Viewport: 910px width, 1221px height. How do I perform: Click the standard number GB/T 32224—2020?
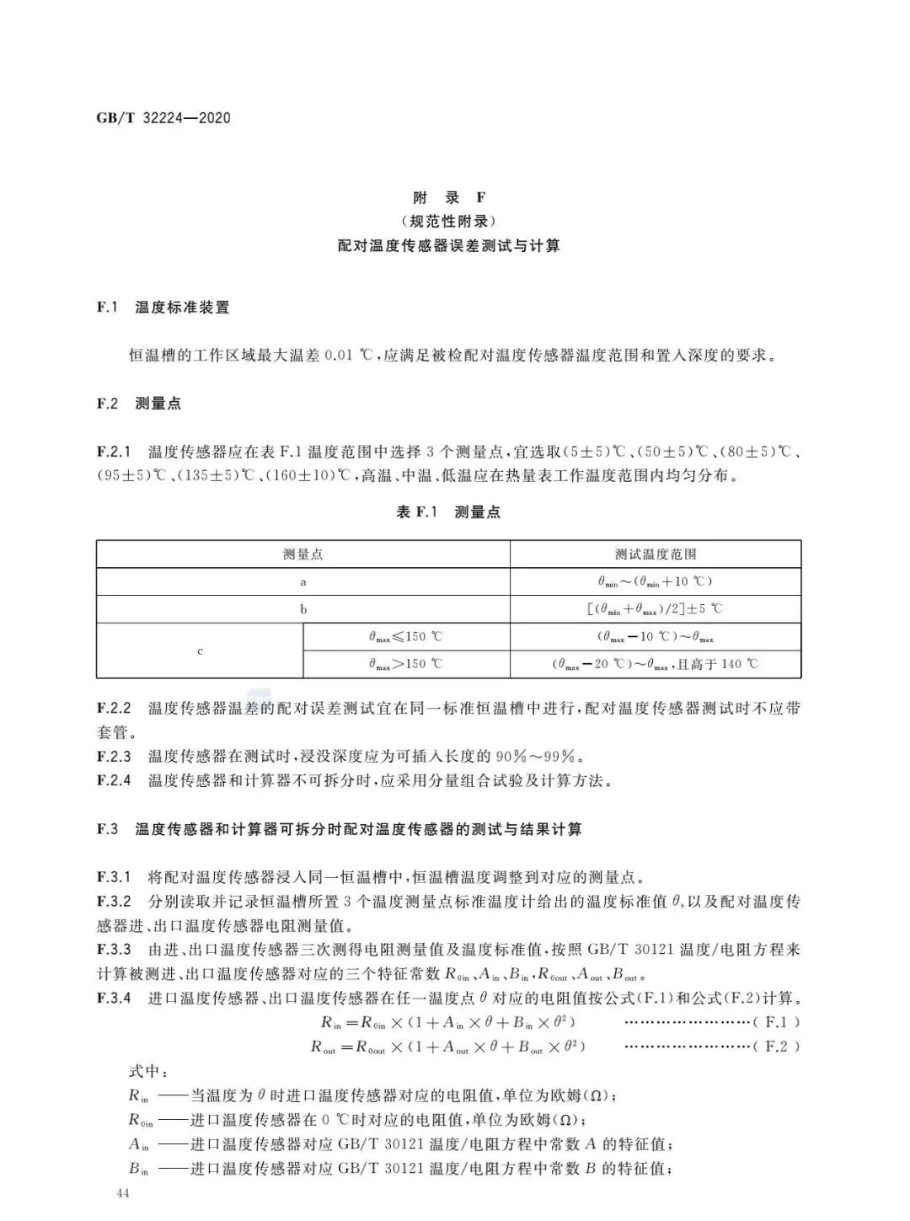click(163, 118)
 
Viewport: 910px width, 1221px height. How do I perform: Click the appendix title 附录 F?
click(448, 197)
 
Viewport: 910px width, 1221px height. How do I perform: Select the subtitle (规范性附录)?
click(448, 222)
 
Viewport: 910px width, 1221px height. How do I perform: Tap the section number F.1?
click(107, 308)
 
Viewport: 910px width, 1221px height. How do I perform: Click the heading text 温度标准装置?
click(182, 308)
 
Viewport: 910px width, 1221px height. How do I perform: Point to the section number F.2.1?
click(114, 453)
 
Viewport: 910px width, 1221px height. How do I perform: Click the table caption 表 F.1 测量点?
click(448, 512)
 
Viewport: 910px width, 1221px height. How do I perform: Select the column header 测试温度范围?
click(656, 554)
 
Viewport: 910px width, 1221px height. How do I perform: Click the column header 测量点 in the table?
click(303, 554)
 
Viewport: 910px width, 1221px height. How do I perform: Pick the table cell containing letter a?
click(303, 581)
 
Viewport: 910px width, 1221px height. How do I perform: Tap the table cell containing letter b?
click(303, 609)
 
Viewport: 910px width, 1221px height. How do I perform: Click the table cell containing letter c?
click(200, 651)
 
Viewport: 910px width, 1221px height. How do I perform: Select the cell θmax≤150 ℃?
click(405, 637)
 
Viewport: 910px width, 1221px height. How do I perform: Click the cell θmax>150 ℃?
click(405, 664)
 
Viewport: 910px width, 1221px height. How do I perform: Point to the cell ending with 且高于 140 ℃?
click(656, 664)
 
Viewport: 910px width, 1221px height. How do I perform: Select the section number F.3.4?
click(114, 999)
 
